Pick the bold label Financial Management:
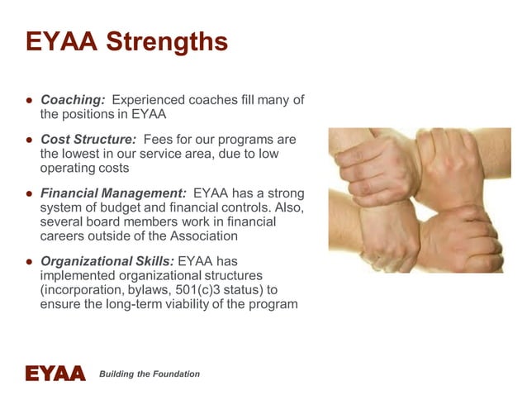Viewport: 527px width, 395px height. (x=113, y=193)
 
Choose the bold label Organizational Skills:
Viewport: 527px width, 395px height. (x=107, y=260)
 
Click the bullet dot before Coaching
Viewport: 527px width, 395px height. (x=28, y=100)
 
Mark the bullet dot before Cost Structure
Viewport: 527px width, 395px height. (x=28, y=139)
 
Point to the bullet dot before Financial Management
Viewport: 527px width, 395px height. (x=28, y=193)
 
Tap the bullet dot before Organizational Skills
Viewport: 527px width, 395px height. (x=28, y=260)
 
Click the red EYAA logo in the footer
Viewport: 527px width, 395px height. (x=55, y=374)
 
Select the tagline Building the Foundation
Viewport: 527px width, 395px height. (x=150, y=374)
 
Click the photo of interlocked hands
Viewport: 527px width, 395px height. (x=419, y=200)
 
